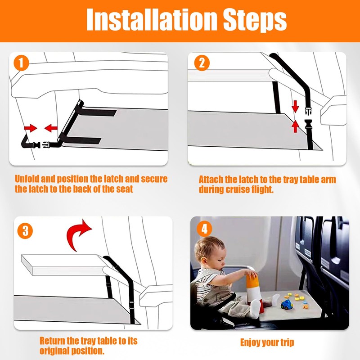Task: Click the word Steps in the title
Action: coord(255,21)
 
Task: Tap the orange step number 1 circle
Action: coord(21,63)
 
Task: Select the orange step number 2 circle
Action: coord(202,63)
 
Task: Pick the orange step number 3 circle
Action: coord(25,231)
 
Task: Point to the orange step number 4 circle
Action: coord(204,229)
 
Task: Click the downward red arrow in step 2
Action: coord(295,106)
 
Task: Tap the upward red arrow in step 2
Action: coord(295,126)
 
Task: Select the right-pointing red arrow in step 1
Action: coord(31,128)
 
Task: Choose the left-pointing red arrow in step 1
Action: coord(51,128)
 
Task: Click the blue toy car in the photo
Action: coord(287,305)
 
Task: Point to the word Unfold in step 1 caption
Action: coord(27,179)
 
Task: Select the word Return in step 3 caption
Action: coord(52,341)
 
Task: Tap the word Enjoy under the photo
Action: coord(250,343)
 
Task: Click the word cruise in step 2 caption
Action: coord(238,189)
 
